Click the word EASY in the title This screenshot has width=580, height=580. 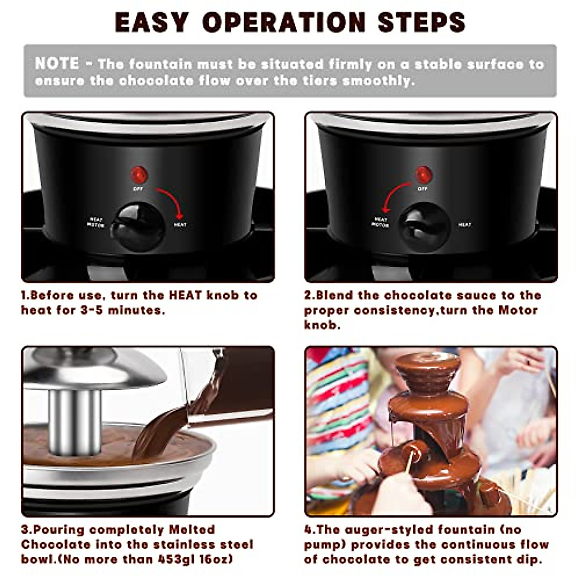pyautogui.click(x=151, y=22)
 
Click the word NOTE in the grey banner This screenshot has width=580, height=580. pyautogui.click(x=57, y=63)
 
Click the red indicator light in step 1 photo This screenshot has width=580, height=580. pyautogui.click(x=138, y=173)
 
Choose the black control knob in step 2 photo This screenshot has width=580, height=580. pyautogui.click(x=424, y=227)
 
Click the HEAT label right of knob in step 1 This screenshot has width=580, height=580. pyautogui.click(x=180, y=225)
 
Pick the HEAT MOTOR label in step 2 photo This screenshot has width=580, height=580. pyautogui.click(x=380, y=222)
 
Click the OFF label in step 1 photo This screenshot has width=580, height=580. pyautogui.click(x=138, y=188)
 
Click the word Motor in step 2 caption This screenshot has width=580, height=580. pyautogui.click(x=518, y=310)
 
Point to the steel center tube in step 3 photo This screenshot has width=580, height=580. pyautogui.click(x=75, y=420)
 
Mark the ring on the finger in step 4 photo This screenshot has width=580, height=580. pyautogui.click(x=529, y=362)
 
